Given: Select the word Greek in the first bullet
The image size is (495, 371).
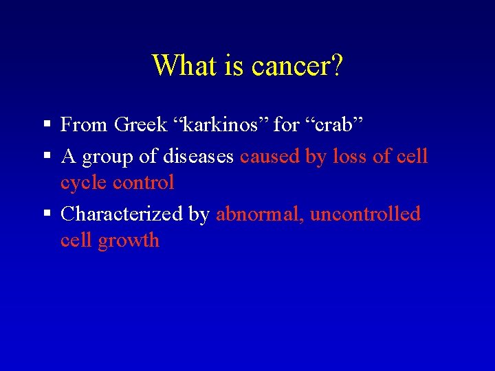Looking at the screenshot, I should pos(141,124).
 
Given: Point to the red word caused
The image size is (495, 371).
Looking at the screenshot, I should pos(269,156).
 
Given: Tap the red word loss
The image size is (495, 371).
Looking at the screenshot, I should pos(349,156).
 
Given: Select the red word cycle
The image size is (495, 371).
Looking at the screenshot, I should pos(84,183).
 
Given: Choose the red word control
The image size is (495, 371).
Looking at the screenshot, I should pos(143,182).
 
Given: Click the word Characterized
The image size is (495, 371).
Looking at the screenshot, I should pos(122,214).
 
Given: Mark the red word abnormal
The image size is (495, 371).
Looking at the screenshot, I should pos(260,214).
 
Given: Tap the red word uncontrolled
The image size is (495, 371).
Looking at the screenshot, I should pos(365,214).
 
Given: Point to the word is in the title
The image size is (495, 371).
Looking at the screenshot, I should pos(231,66).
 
